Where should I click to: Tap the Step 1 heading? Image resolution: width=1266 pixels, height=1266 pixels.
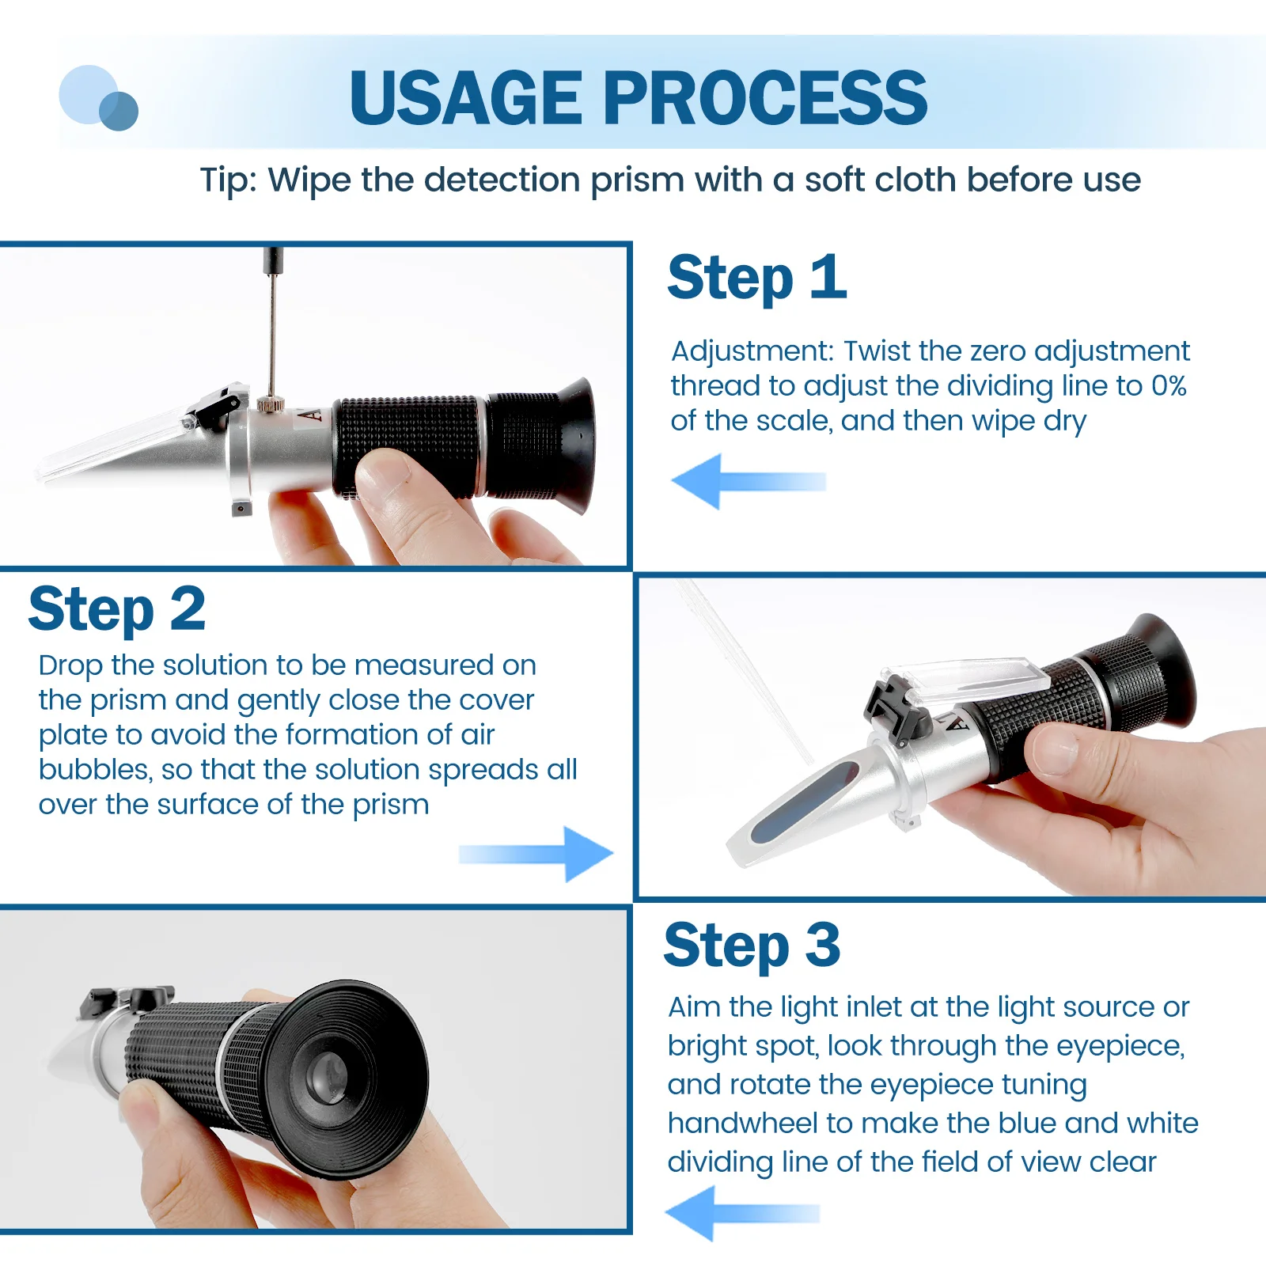(757, 279)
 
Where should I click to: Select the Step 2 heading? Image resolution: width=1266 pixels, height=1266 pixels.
(117, 609)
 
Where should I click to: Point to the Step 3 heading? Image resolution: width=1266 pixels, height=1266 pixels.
(752, 946)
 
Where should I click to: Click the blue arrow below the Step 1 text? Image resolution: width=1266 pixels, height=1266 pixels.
(749, 481)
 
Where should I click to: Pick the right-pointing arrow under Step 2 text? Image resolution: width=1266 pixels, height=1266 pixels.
(536, 854)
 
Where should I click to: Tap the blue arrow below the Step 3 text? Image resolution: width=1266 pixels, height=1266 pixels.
(742, 1213)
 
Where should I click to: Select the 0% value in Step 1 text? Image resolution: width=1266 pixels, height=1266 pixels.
(1169, 386)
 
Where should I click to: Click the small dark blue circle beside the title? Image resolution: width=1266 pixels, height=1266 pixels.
(119, 111)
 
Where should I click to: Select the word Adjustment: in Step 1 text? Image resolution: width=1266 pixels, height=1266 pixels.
(752, 351)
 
